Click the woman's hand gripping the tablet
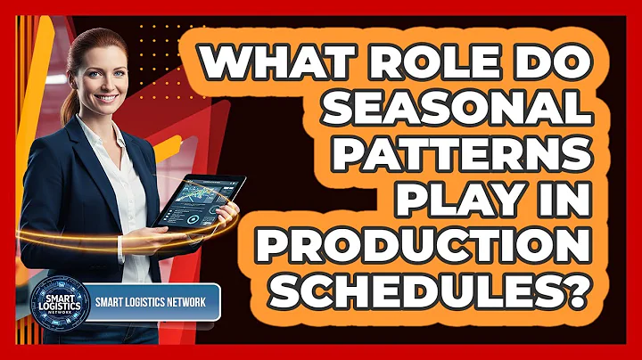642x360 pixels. (x=223, y=214)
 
